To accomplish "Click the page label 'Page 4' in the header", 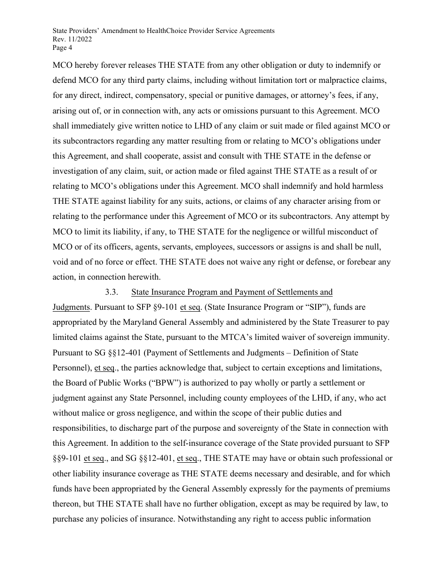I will pyautogui.click(x=62, y=47).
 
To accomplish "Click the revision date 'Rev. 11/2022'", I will pyautogui.click(x=72, y=39).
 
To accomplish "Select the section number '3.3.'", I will pyautogui.click(x=112, y=292).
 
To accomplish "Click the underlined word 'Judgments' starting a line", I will pyautogui.click(x=71, y=307).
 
